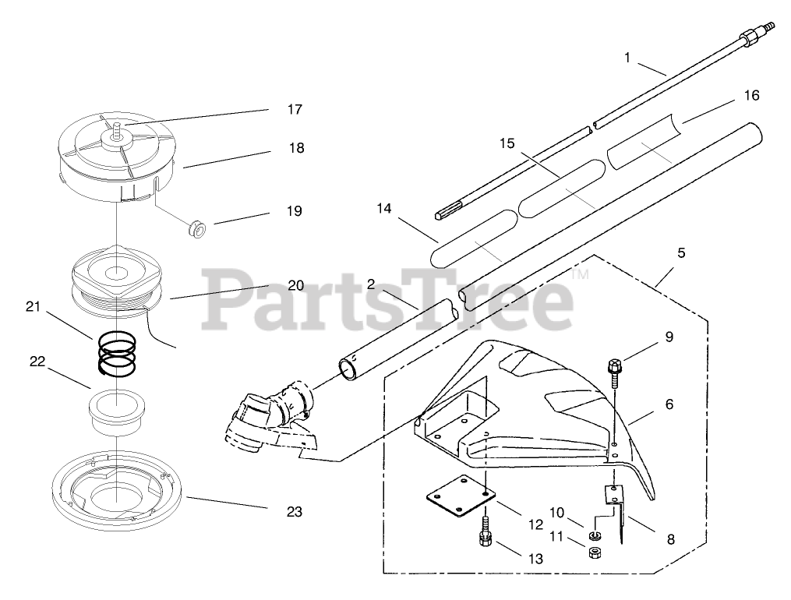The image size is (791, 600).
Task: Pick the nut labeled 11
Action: [594, 552]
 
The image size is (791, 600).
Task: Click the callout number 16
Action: [751, 96]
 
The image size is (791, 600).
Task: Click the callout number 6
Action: [669, 404]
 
